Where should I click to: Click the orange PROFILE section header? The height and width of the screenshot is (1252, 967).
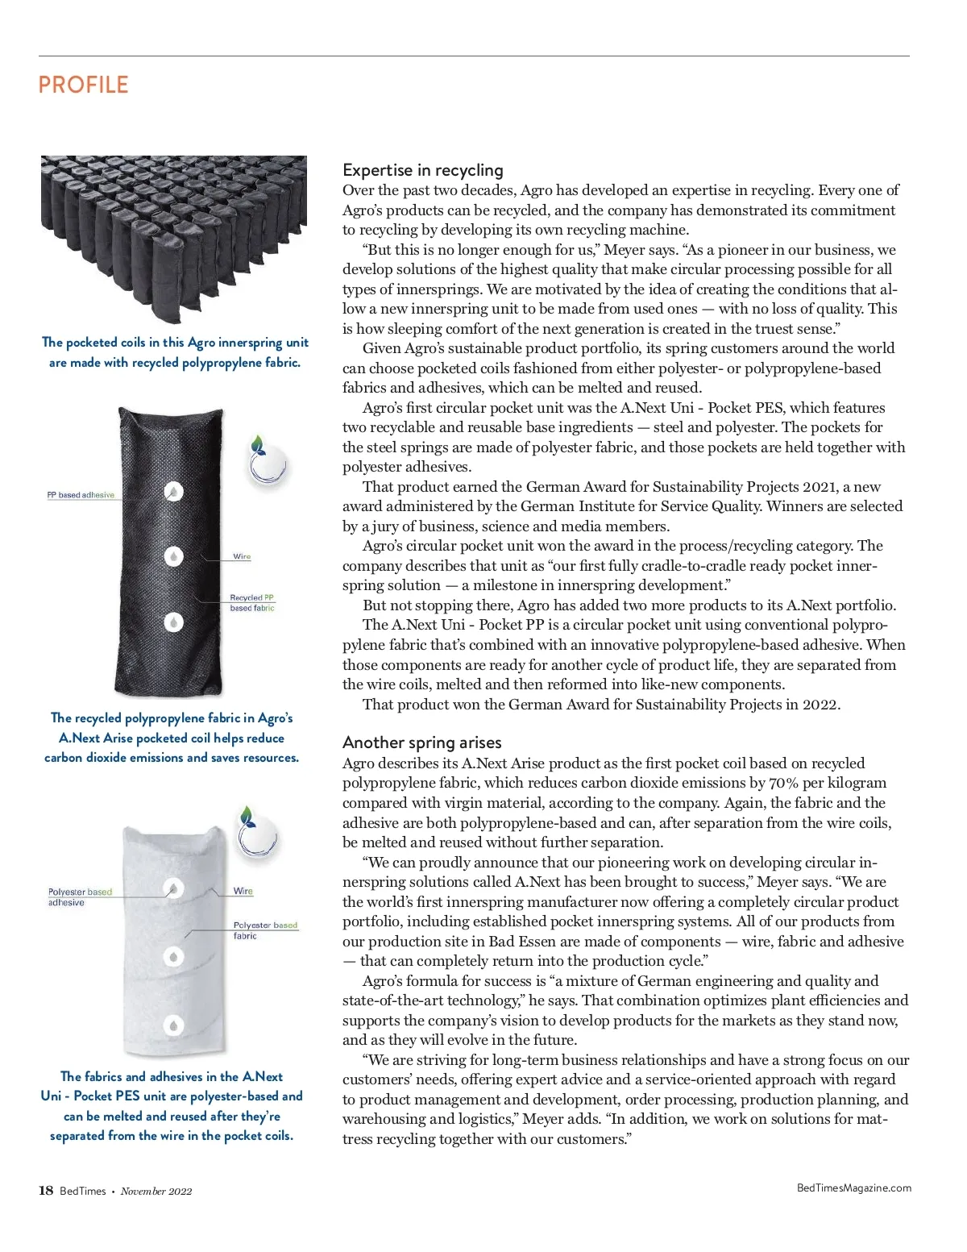point(83,85)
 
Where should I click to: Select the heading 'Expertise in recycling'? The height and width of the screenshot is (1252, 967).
point(422,170)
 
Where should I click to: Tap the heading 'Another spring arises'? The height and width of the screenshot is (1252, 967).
point(421,742)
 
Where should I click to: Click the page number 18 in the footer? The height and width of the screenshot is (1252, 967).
point(46,1191)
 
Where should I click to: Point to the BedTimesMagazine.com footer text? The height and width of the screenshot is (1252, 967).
point(853,1188)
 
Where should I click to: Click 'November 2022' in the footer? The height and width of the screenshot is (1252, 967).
point(156,1192)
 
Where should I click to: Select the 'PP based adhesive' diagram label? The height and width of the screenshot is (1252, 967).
point(81,495)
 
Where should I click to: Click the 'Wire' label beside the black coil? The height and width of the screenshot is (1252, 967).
point(242,556)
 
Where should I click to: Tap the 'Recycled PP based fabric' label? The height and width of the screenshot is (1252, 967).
point(252,603)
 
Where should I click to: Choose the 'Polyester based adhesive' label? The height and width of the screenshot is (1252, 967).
point(79,896)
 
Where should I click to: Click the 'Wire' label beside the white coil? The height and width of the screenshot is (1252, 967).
point(243,891)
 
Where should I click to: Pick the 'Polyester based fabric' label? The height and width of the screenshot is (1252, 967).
point(264,930)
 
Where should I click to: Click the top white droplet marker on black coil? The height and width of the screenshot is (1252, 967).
point(173,492)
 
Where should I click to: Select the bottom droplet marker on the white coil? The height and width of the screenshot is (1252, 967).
point(173,1025)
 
